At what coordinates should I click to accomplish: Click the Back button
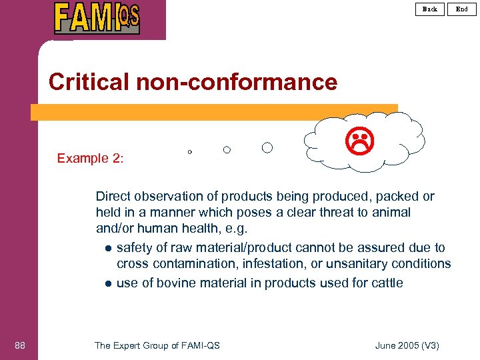tap(430, 9)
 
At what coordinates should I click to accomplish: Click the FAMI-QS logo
tap(97, 18)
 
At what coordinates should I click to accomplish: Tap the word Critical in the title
tap(90, 82)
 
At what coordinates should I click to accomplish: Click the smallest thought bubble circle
tap(189, 152)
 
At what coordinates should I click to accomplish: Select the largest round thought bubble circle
tap(267, 147)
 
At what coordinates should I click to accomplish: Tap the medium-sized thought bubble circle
tap(227, 150)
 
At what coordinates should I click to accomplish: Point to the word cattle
tap(386, 283)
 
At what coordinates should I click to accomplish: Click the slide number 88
tap(19, 345)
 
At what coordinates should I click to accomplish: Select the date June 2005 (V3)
tap(407, 345)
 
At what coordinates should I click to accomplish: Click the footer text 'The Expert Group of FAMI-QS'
tap(157, 345)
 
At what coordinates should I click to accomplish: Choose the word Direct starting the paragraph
tap(113, 196)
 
